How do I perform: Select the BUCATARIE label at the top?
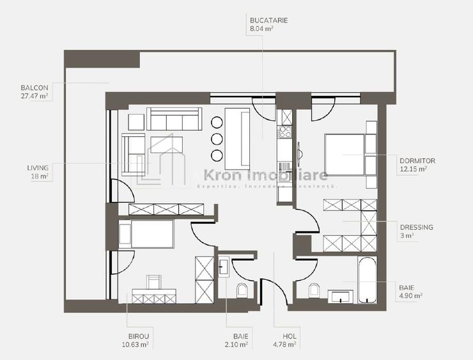pyautogui.click(x=268, y=20)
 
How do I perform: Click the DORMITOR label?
pyautogui.click(x=417, y=161)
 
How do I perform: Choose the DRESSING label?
pyautogui.click(x=416, y=227)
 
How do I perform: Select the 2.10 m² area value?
pyautogui.click(x=240, y=344)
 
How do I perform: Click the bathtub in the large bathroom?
pyautogui.click(x=367, y=280)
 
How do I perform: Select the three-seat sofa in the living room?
pyautogui.click(x=174, y=119)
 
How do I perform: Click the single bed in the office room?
pyautogui.click(x=151, y=233)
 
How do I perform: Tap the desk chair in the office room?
pyautogui.click(x=154, y=282)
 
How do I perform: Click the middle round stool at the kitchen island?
pyautogui.click(x=216, y=139)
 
